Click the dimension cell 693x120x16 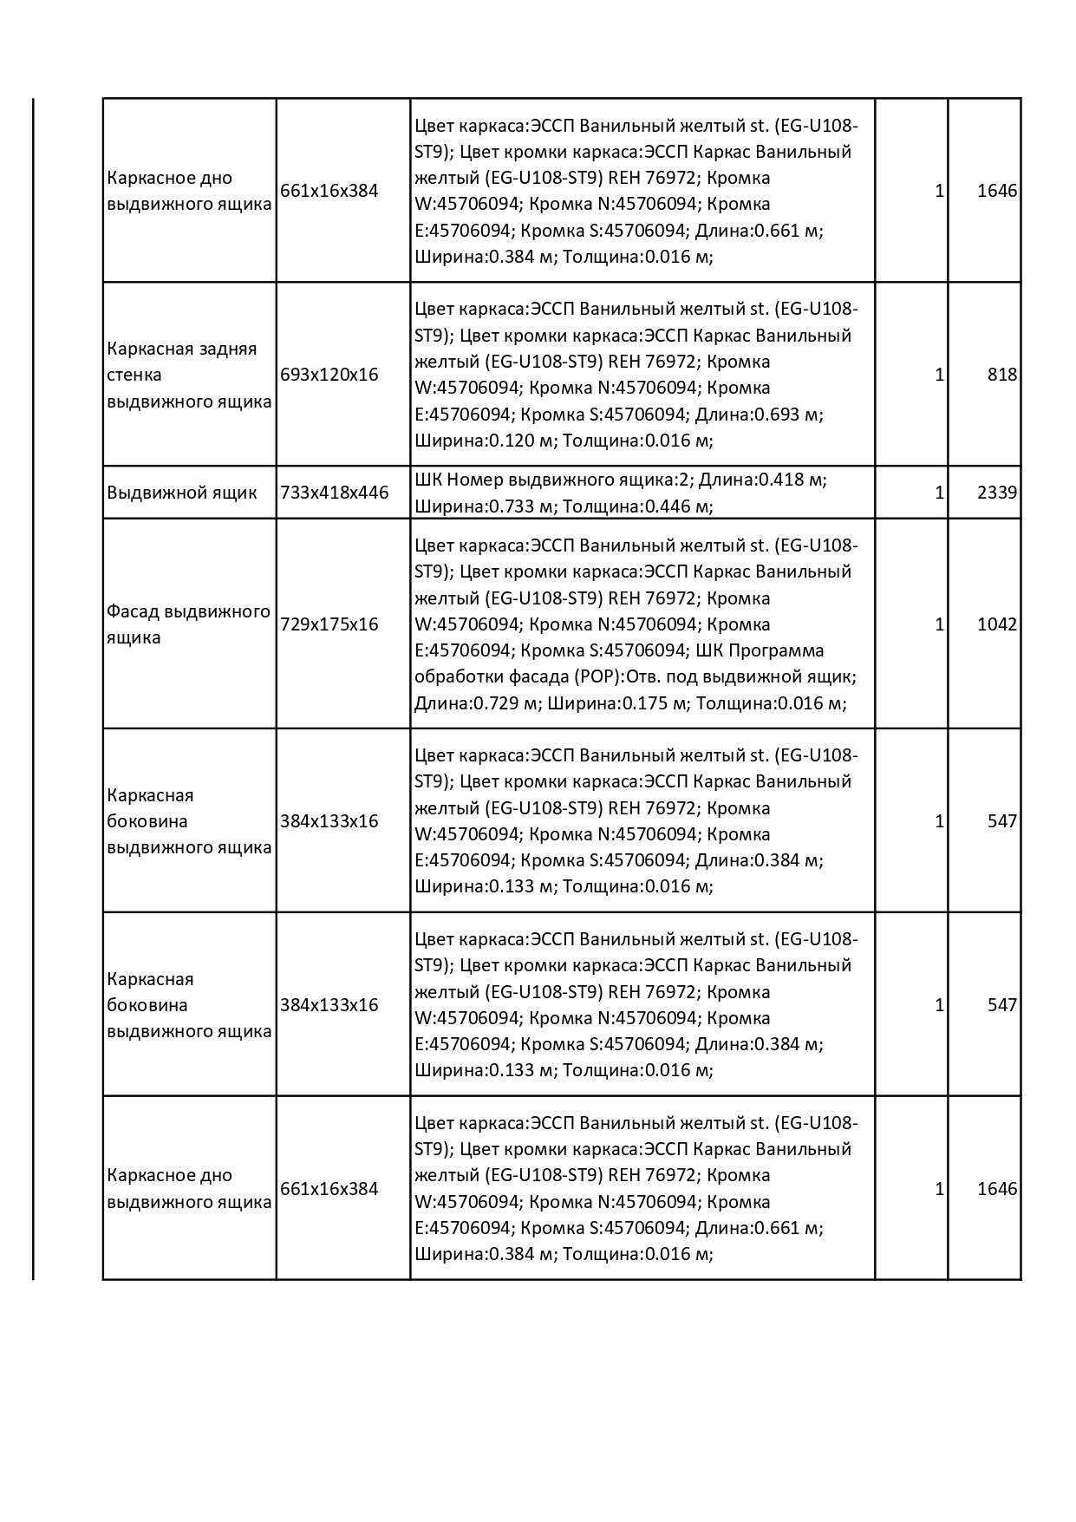point(329,375)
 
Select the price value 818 point(1001,375)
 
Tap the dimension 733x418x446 point(335,493)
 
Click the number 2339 point(996,493)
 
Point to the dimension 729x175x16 point(329,624)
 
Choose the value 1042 point(996,624)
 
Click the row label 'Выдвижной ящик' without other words point(182,493)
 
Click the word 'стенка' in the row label point(134,375)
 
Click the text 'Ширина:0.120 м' point(484,441)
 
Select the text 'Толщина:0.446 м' point(638,506)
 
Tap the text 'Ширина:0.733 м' point(484,506)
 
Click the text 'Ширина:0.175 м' point(617,703)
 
